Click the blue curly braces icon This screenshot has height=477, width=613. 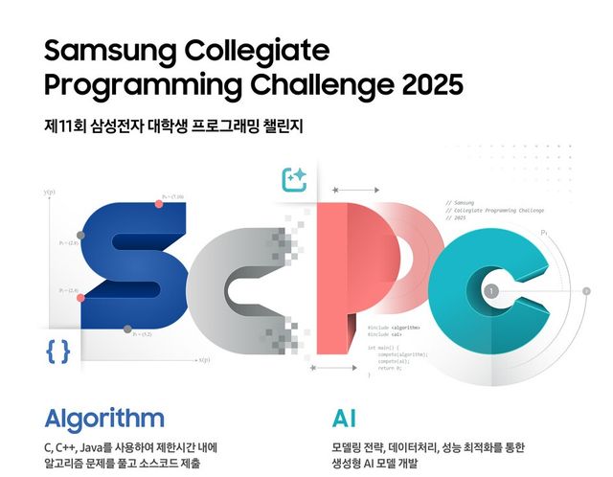click(x=58, y=351)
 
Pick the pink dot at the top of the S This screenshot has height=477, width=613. click(x=159, y=203)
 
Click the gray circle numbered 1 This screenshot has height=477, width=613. click(x=490, y=290)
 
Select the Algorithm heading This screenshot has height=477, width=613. click(x=104, y=418)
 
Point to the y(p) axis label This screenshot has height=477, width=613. click(x=49, y=193)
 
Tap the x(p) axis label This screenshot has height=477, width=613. click(x=204, y=360)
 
